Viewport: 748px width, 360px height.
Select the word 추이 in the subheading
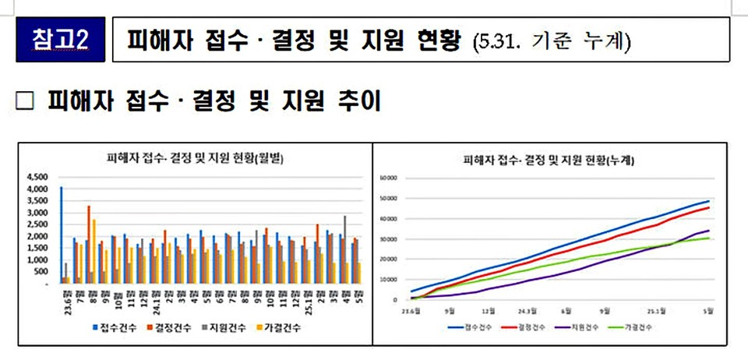tap(356, 101)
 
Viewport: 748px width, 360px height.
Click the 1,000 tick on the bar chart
tap(38, 260)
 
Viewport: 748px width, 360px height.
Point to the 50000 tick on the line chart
tap(389, 198)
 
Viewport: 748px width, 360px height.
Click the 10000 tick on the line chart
tap(389, 279)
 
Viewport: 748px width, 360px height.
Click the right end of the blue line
tap(709, 201)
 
